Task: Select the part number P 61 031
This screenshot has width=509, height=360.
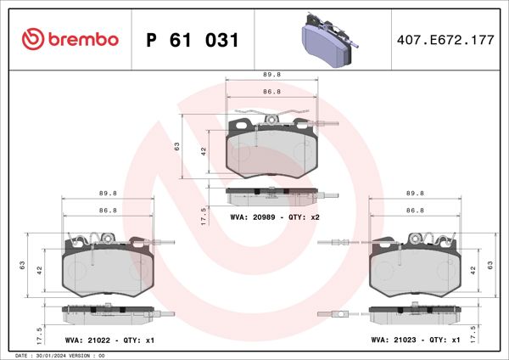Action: [x=193, y=40]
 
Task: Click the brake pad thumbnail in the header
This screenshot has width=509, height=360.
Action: [x=328, y=40]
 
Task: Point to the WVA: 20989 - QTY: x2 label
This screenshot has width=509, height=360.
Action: [x=273, y=217]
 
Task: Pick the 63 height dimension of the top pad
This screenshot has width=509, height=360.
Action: [x=177, y=146]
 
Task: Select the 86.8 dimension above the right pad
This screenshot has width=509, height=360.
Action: [x=415, y=210]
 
